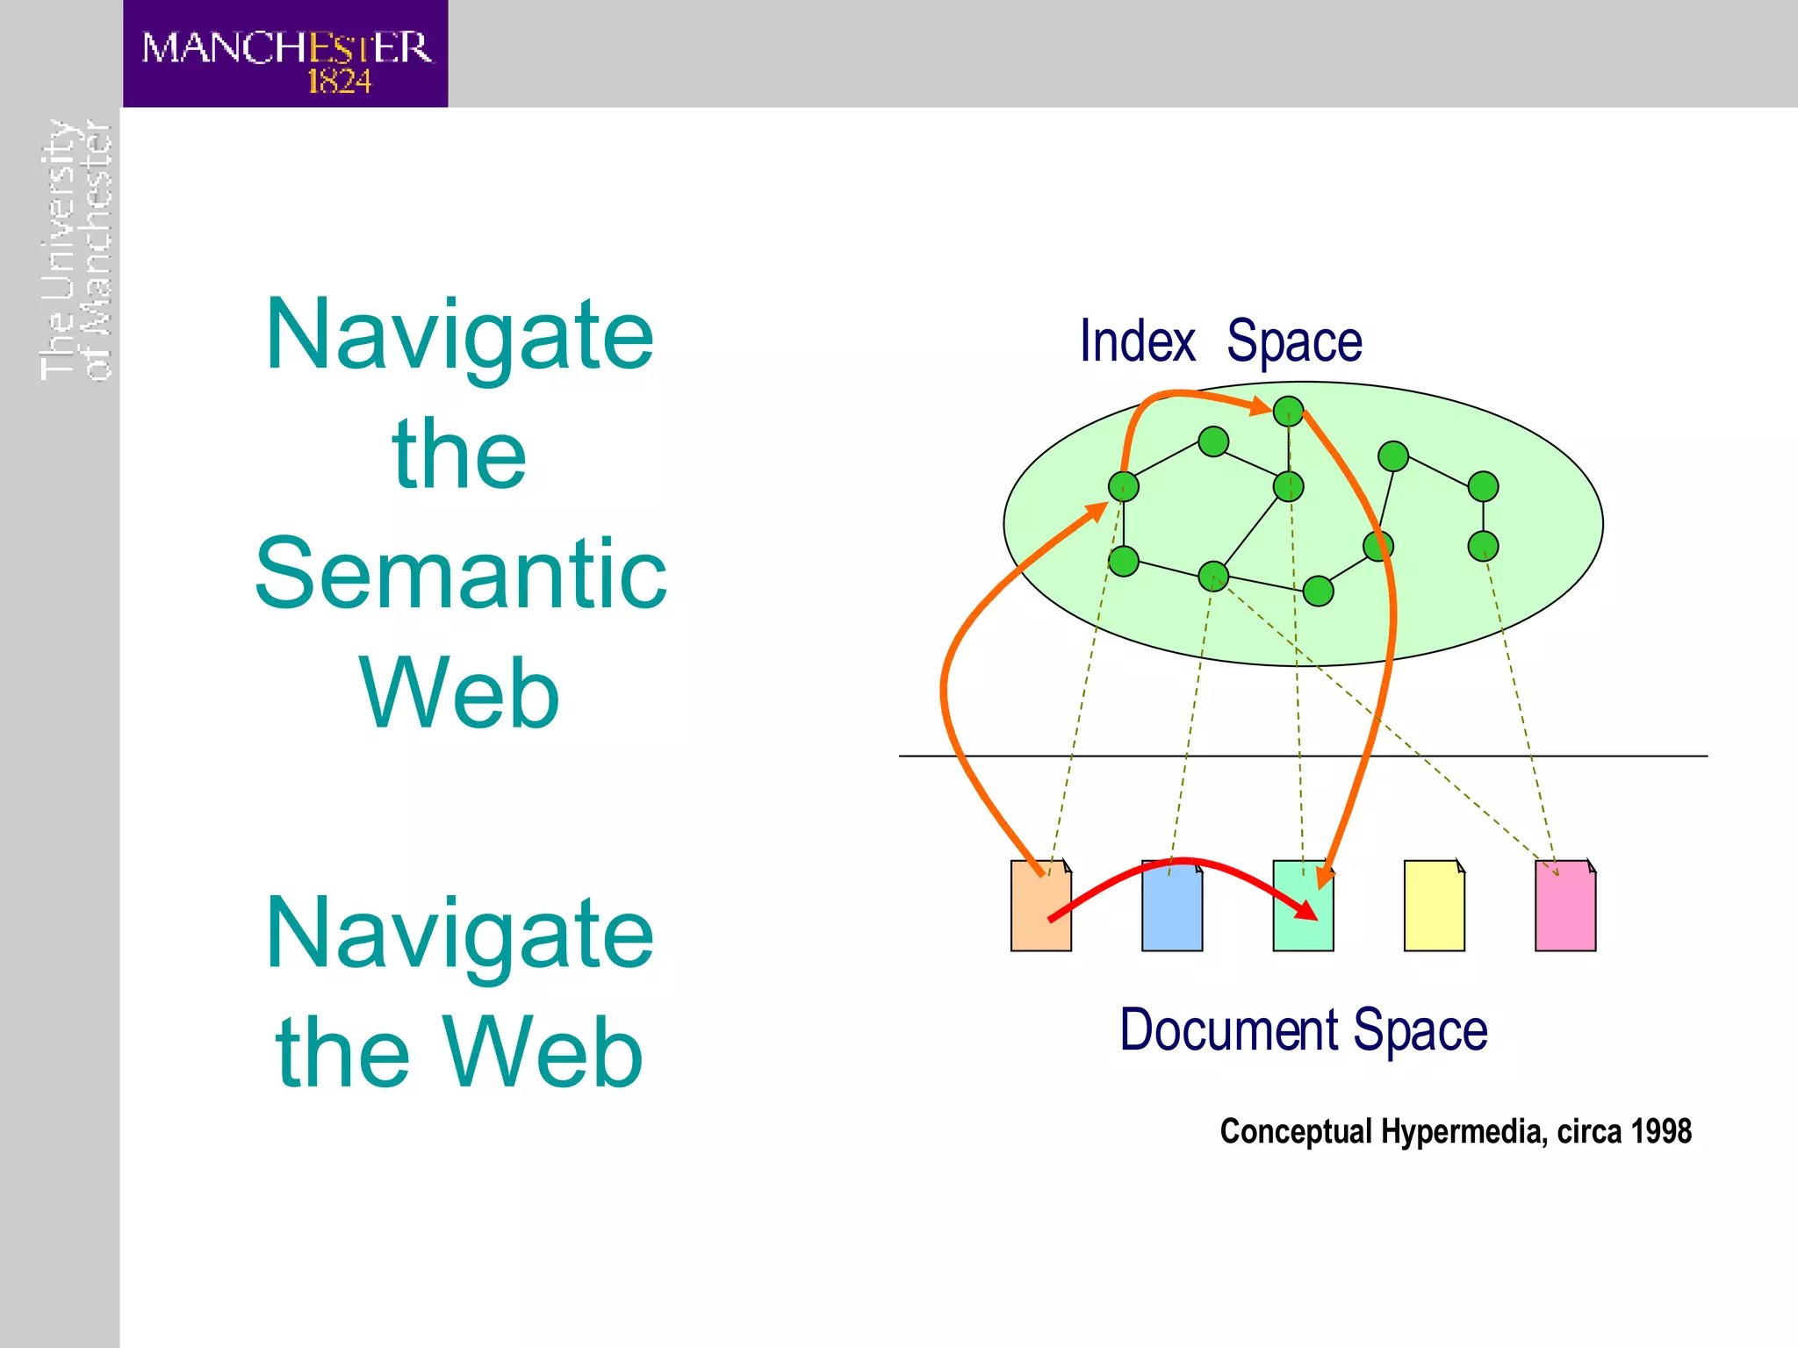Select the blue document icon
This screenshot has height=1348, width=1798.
point(1172,913)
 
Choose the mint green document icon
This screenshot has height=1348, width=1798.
point(1303,921)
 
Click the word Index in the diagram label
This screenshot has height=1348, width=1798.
point(1137,341)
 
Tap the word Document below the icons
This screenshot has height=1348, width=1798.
point(1229,1030)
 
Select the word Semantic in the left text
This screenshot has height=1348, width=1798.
point(461,574)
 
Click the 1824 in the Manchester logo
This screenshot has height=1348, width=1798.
point(340,82)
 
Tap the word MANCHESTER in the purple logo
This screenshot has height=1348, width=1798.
point(286,47)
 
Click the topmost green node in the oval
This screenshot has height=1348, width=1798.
point(1288,411)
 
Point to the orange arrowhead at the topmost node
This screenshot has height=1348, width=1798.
point(1260,406)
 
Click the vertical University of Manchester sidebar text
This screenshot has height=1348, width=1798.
point(76,250)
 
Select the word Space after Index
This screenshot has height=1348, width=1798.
point(1294,341)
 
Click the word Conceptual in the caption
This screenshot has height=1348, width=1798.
point(1296,1132)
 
